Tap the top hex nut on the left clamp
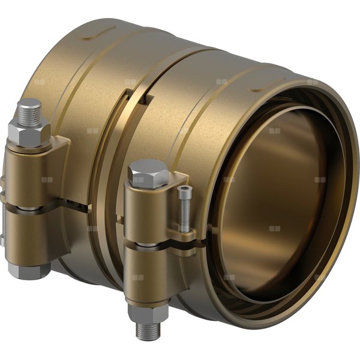(28, 131)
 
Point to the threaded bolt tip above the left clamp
(29, 109)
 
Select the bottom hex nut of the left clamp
(29, 269)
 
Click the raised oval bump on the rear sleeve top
(99, 32)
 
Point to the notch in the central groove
(130, 100)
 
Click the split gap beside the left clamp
(75, 204)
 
